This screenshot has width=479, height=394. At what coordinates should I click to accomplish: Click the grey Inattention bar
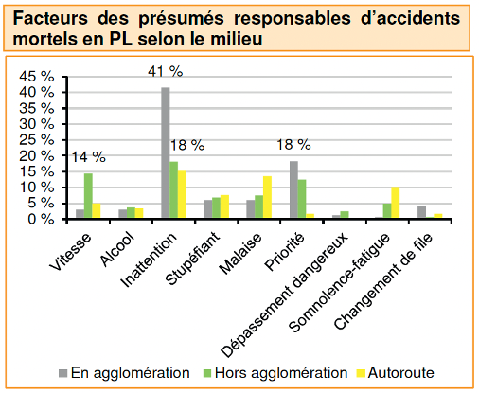166,152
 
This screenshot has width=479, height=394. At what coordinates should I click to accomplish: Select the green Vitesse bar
88,195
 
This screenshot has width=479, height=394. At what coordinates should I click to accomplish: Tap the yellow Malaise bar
267,197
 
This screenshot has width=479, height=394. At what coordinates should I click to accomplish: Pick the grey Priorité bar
293,189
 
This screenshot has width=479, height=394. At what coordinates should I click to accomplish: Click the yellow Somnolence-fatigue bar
396,203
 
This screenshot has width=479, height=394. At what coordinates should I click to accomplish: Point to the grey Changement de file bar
421,212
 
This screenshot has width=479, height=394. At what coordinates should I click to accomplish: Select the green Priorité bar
302,199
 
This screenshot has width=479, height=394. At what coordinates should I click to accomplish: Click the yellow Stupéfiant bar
224,206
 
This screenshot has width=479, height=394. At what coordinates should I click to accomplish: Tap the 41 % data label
165,71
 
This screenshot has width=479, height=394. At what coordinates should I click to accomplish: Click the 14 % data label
89,157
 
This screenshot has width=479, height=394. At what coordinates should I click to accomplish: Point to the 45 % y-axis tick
36,77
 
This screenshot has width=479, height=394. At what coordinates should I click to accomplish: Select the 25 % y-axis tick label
36,139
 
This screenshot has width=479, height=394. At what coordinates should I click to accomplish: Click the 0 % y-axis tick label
41,219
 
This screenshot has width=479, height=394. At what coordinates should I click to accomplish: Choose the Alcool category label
117,251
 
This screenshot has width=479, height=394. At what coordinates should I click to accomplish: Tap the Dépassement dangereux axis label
284,295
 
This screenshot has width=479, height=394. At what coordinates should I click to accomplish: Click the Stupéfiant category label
192,259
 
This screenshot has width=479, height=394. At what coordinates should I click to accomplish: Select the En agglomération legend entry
124,373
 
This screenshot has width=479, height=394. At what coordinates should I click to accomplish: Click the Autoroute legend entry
396,373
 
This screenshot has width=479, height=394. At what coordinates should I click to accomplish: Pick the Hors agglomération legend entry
275,373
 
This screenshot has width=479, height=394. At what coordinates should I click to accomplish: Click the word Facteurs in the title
50,18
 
